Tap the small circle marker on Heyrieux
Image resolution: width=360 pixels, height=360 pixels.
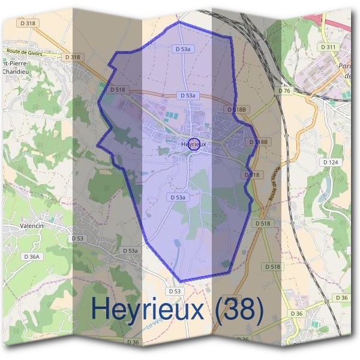pos(194,143)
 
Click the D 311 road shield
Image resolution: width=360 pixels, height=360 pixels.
pos(328,46)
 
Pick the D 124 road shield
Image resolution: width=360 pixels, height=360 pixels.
pos(331,162)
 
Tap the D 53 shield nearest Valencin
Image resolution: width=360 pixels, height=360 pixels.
pos(78,238)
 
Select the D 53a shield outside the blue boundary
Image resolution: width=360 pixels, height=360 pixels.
pos(130,250)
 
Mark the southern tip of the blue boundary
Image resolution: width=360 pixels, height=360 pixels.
pos(180,281)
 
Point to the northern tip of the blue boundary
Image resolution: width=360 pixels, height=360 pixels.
pos(179,22)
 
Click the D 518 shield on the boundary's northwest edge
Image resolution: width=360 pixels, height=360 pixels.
pos(118,89)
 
